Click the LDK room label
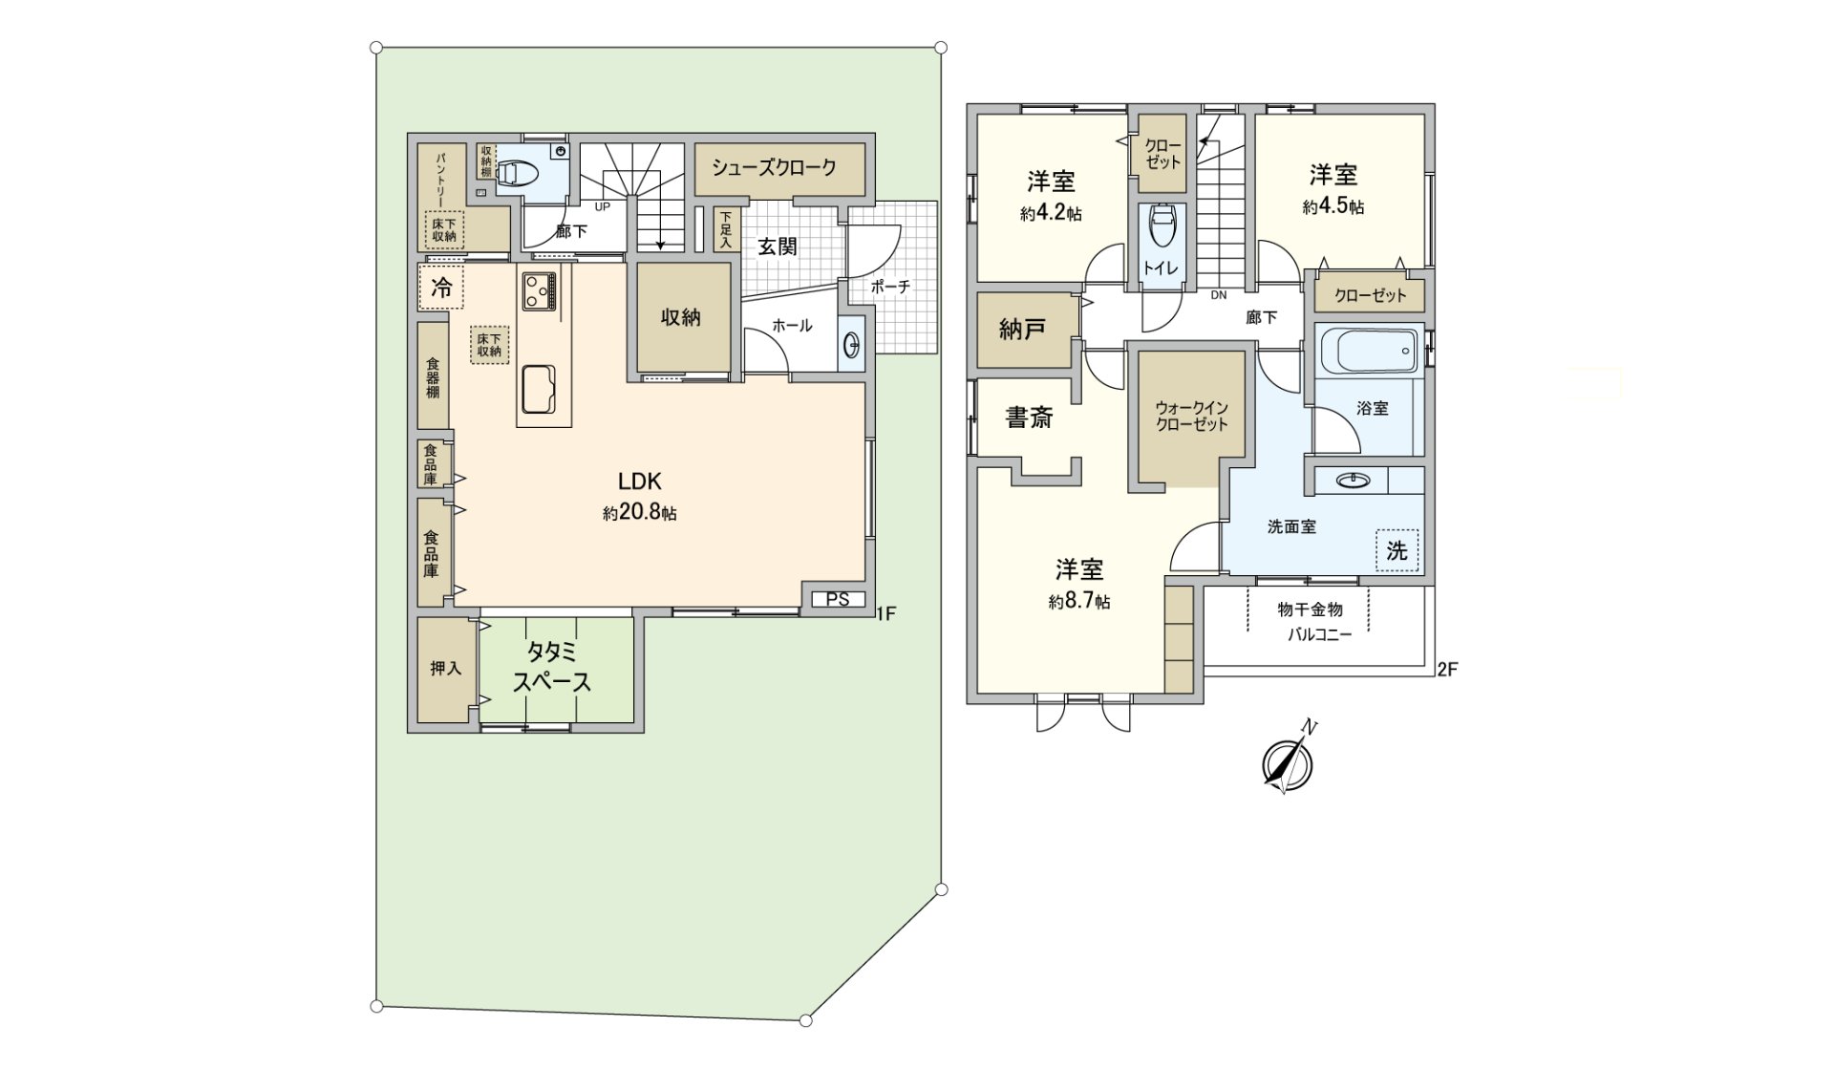click(x=639, y=481)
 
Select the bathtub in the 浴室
click(x=1370, y=352)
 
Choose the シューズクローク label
click(x=774, y=167)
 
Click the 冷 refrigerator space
click(x=440, y=287)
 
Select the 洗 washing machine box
click(x=1397, y=551)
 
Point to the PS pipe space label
click(x=838, y=600)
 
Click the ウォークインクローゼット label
click(x=1191, y=417)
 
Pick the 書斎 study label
click(x=1029, y=417)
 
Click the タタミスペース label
click(x=552, y=667)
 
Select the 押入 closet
click(x=446, y=669)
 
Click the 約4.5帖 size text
click(x=1333, y=207)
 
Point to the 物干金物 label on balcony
click(x=1311, y=610)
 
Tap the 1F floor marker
click(x=886, y=613)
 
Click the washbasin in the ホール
click(x=851, y=344)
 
